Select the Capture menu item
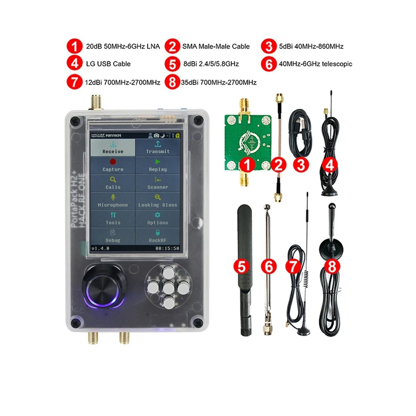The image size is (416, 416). [x=113, y=165]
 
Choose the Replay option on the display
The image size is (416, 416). [x=158, y=165]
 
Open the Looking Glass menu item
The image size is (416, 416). [x=158, y=201]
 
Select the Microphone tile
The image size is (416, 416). [x=113, y=201]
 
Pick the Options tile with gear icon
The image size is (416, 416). [x=158, y=219]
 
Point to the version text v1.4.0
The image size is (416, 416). [x=101, y=248]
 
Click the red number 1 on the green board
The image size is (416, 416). [x=247, y=165]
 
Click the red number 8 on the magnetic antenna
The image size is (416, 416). [x=332, y=267]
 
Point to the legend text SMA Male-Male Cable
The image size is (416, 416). [x=216, y=46]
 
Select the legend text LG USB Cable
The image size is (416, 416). [x=108, y=64]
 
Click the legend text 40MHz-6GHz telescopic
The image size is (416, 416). [x=315, y=64]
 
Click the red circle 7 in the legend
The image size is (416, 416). [x=74, y=83]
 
